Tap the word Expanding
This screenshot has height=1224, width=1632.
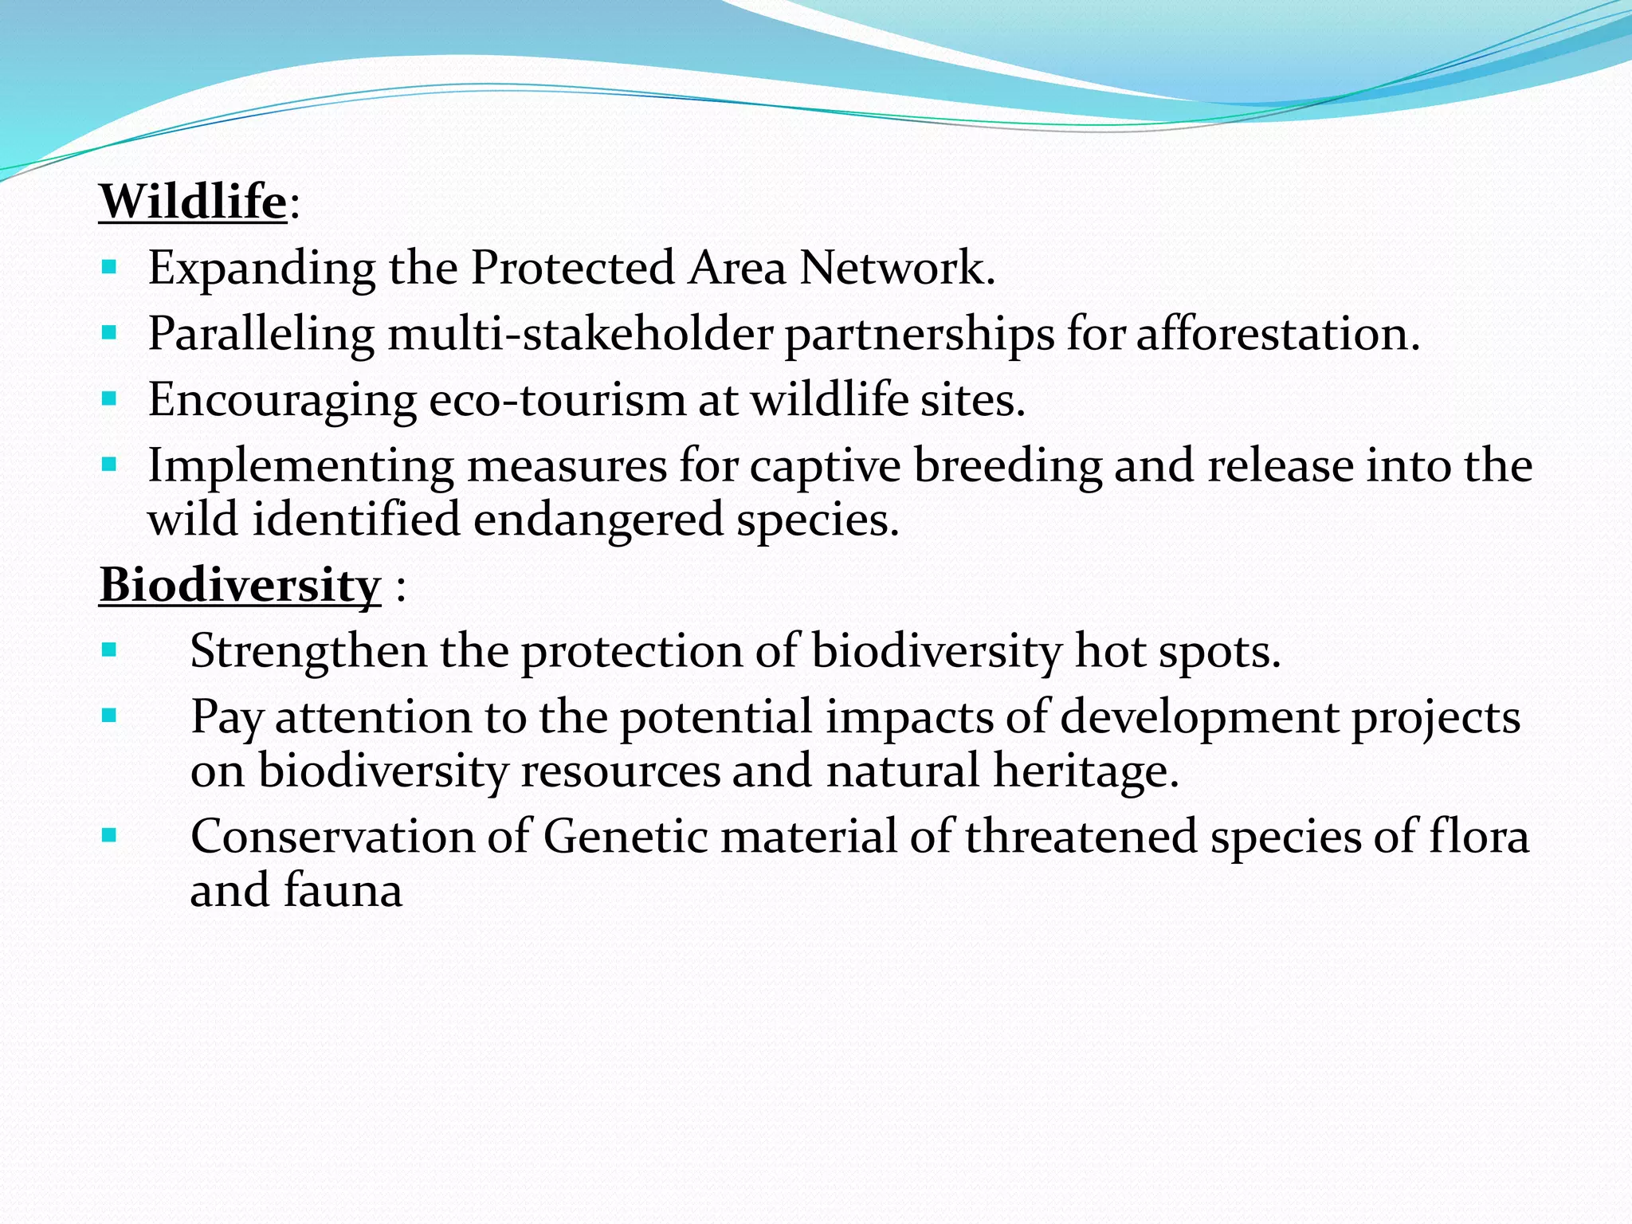[261, 268]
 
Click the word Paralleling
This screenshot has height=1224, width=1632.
[261, 333]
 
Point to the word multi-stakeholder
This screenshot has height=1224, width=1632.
[580, 333]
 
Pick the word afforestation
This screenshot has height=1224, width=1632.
[1277, 333]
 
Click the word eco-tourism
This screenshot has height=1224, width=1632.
[557, 399]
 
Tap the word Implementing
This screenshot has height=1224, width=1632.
[300, 465]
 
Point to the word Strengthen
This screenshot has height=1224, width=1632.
[308, 651]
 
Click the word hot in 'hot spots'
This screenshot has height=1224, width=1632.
[1108, 651]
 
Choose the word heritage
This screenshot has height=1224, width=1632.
[1085, 771]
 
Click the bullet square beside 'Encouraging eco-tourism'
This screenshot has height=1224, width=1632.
[110, 398]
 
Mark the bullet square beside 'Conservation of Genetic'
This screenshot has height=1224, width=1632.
[110, 835]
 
